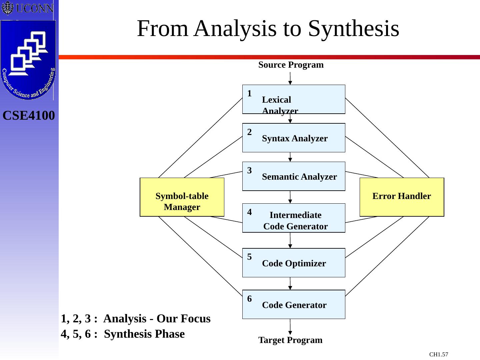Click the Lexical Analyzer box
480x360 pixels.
293,99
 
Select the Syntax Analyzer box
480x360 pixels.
293,138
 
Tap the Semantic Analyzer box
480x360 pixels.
293,176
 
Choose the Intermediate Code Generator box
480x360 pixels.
293,218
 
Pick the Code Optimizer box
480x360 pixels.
293,263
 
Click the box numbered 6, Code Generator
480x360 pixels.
293,305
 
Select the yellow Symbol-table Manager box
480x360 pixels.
182,197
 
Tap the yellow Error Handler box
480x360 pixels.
402,197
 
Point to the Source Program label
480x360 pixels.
291,65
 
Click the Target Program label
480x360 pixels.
290,340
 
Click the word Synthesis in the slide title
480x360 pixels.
353,29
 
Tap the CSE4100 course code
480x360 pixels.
29,116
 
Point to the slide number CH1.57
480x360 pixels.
438,354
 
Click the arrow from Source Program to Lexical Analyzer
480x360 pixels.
290,79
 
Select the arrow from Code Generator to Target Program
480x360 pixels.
290,327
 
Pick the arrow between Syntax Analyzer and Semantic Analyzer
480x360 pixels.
290,157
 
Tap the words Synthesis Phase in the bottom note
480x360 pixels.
144,334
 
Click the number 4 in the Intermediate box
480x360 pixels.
250,212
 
